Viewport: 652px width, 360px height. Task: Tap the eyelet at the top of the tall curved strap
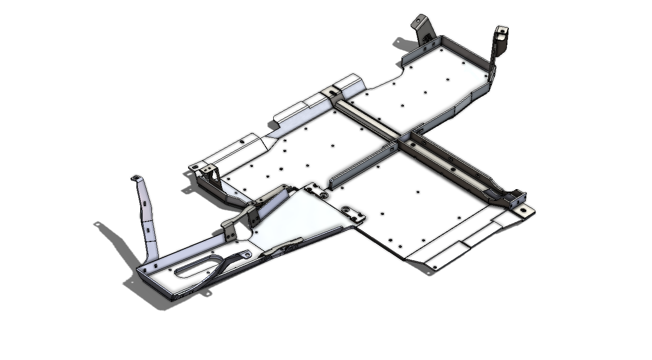(136, 179)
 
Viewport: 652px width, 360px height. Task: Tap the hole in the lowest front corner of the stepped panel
(434, 267)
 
